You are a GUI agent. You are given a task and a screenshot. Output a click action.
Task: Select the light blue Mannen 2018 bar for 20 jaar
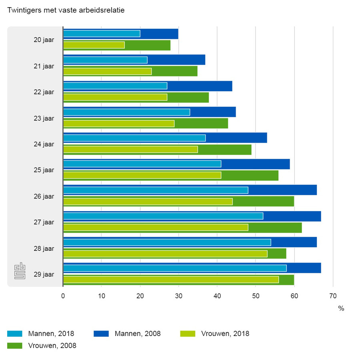[x=102, y=34]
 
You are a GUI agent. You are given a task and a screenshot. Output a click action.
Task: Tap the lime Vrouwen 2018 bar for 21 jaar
[x=107, y=72]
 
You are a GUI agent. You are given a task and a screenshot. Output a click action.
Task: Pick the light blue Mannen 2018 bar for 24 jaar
[x=134, y=138]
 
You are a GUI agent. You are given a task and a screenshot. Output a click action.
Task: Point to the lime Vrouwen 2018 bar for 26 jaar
[x=148, y=202]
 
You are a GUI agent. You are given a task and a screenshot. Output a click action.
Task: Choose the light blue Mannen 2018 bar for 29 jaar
[x=175, y=268]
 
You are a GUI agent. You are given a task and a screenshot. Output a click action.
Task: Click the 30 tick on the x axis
[x=178, y=296]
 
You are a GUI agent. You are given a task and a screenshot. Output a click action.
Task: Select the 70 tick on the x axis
[x=333, y=296]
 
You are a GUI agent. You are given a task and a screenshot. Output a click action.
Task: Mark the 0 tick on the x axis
[x=63, y=296]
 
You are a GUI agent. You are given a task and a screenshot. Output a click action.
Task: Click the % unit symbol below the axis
[x=341, y=308]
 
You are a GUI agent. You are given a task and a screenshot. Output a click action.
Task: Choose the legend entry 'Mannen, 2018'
[x=51, y=334]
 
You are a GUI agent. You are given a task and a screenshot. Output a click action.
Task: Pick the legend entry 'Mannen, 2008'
[x=138, y=334]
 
